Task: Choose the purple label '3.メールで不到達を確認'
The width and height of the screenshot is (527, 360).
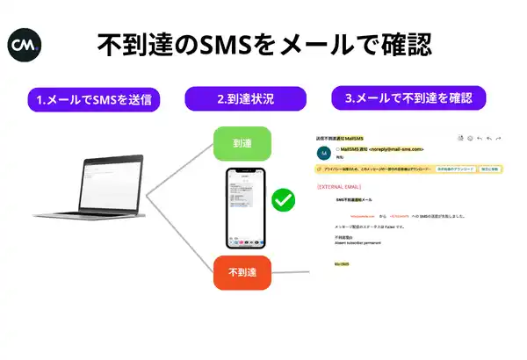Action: coord(408,97)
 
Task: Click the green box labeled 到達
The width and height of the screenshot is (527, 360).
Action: coord(242,144)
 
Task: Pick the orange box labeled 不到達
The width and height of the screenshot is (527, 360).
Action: coord(242,273)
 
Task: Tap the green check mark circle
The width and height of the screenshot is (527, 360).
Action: coord(282,201)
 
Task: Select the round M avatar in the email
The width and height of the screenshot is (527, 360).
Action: coord(323,152)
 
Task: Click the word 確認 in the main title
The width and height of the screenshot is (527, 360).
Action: coord(400,44)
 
